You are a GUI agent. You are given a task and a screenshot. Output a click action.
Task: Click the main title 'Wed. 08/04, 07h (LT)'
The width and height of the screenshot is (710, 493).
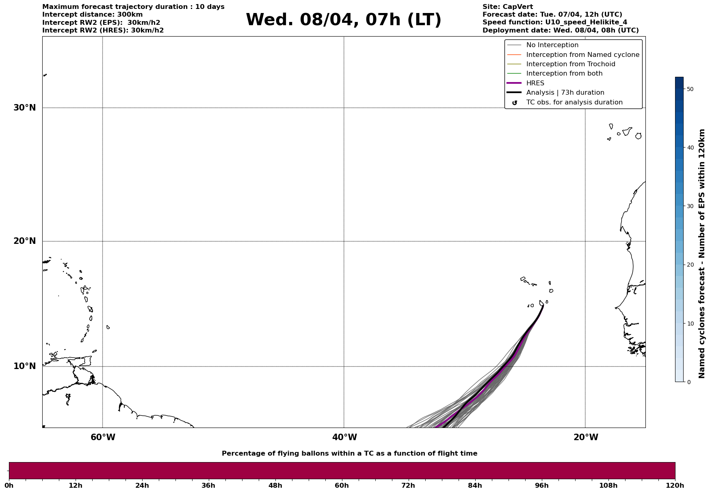pos(343,20)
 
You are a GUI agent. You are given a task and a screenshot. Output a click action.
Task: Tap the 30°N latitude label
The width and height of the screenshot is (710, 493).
pos(25,108)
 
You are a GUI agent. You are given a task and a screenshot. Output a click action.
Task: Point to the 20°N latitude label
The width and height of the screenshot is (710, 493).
pos(25,241)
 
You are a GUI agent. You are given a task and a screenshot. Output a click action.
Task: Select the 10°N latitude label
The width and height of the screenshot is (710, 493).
pos(25,366)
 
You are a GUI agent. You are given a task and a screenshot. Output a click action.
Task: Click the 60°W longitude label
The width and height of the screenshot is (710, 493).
pos(103,437)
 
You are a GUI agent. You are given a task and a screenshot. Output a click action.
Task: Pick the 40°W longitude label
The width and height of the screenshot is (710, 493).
pos(344,437)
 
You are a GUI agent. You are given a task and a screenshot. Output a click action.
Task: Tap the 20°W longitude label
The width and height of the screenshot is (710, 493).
pos(586,437)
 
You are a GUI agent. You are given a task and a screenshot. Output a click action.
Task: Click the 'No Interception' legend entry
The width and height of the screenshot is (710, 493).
pos(552,45)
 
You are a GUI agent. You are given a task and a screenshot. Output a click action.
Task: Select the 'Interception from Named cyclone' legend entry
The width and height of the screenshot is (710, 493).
pos(582,55)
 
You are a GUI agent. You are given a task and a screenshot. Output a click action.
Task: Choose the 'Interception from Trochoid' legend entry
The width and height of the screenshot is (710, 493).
pos(570,64)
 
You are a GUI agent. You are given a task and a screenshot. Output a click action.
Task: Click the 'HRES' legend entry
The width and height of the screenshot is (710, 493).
pos(535,83)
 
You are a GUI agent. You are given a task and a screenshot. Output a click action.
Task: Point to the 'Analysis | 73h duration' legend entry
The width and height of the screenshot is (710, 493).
pos(565,93)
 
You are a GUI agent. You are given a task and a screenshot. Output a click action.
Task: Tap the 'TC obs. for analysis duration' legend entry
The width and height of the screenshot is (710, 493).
pos(574,102)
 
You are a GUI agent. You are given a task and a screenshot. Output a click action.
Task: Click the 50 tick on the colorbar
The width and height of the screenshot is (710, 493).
pos(689,89)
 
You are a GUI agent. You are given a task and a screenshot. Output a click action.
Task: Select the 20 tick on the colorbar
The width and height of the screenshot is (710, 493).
pos(689,265)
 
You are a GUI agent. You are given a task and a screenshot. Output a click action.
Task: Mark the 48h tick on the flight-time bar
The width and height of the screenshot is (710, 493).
pos(275,485)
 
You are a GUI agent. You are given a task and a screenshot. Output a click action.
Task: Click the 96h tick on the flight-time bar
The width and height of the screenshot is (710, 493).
pos(541,485)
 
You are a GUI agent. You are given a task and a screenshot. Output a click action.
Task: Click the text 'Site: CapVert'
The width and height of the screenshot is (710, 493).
pos(507,7)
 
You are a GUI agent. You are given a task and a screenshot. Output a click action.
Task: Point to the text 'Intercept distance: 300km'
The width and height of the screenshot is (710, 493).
pos(92,15)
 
